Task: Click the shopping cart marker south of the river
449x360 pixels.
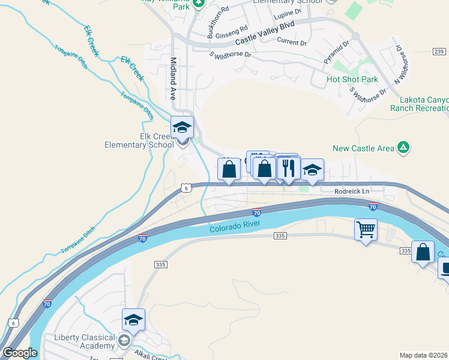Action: [366, 229]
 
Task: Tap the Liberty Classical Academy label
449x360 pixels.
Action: [84, 341]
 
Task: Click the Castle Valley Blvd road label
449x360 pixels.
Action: [265, 38]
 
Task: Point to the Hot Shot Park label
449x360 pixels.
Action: [352, 79]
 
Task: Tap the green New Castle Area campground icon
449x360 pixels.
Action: [404, 148]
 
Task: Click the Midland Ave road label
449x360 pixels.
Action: [173, 78]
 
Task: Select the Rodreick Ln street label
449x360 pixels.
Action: [352, 191]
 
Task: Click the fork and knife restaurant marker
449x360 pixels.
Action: [289, 168]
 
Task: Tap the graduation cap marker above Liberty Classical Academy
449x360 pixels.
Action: [133, 320]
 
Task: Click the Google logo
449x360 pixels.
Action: [20, 353]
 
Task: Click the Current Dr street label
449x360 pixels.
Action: [292, 42]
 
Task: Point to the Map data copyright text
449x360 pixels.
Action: [424, 355]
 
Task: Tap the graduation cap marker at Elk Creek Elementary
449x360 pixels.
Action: [182, 127]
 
